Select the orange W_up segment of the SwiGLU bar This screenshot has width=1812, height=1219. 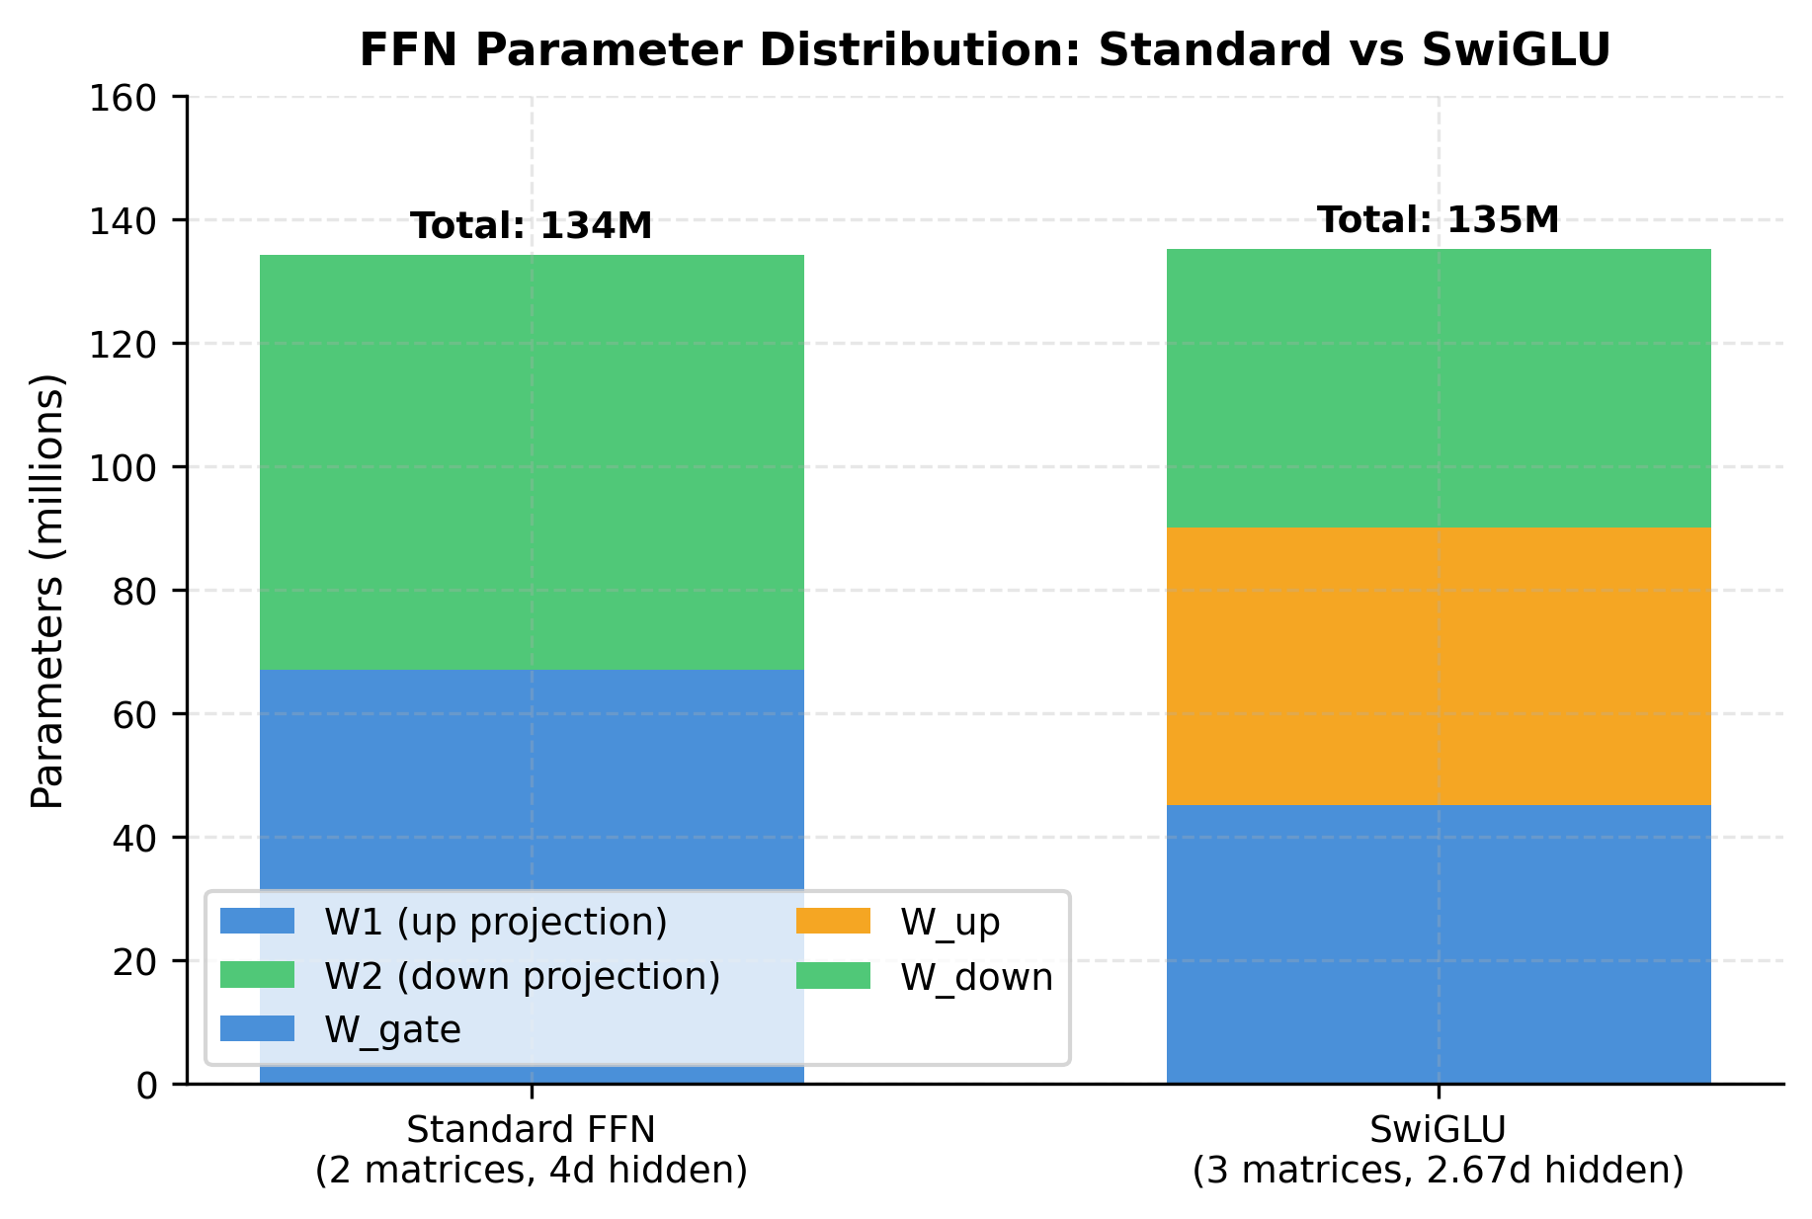pyautogui.click(x=1438, y=666)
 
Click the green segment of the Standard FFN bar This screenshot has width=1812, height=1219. pyautogui.click(x=532, y=461)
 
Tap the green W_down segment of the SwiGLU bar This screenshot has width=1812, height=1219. pyautogui.click(x=1438, y=387)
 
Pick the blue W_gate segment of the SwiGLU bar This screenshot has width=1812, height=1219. pyautogui.click(x=1438, y=943)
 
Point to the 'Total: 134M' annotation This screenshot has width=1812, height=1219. pyautogui.click(x=532, y=226)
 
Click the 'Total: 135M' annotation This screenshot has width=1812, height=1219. pyautogui.click(x=1438, y=220)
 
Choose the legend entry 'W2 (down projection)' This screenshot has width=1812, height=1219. pyautogui.click(x=522, y=976)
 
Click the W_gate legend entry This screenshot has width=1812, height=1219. pyautogui.click(x=392, y=1030)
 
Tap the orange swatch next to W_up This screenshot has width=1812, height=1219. pyautogui.click(x=833, y=922)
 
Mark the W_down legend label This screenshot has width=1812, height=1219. pyautogui.click(x=976, y=977)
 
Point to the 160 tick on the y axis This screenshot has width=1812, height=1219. pyautogui.click(x=123, y=98)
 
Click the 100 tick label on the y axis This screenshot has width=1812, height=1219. pyautogui.click(x=123, y=467)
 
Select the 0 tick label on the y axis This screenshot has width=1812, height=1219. pyautogui.click(x=146, y=1085)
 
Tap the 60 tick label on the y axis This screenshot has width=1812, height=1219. pyautogui.click(x=134, y=714)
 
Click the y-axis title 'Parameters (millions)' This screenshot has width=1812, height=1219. pyautogui.click(x=46, y=591)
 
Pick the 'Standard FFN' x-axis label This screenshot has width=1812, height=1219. pyautogui.click(x=532, y=1129)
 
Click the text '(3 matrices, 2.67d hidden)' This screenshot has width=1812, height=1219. pyautogui.click(x=1438, y=1171)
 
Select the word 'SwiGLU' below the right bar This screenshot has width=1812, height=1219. pyautogui.click(x=1438, y=1129)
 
